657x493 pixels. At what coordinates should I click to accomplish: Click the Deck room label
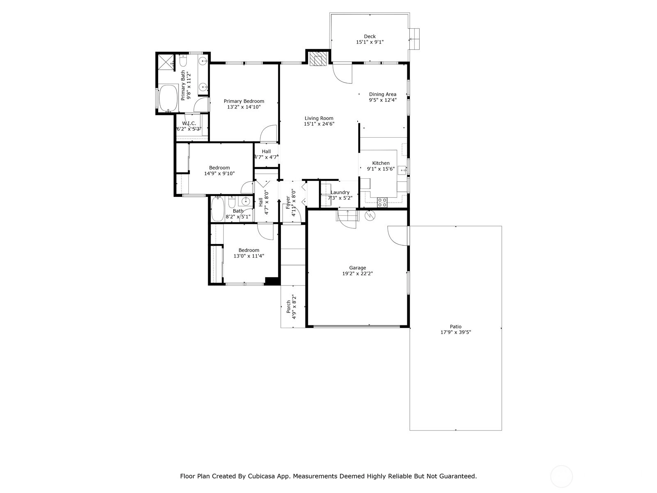click(370, 37)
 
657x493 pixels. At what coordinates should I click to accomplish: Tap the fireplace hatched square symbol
click(317, 59)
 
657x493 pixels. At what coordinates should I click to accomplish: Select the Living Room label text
click(319, 118)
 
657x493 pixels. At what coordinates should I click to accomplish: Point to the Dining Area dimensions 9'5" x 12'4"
click(383, 100)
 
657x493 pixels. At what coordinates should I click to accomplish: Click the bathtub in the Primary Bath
click(168, 98)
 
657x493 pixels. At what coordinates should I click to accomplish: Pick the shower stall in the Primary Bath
click(166, 62)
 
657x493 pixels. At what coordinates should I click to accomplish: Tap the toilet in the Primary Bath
click(183, 61)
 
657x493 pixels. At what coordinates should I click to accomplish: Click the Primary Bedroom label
click(244, 101)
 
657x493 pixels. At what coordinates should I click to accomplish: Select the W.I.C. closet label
click(189, 123)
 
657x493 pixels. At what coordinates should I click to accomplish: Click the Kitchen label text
click(381, 163)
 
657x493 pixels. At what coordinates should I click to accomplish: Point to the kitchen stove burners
click(382, 203)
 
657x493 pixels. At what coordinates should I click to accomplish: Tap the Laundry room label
click(340, 192)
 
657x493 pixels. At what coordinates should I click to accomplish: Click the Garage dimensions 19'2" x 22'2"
click(357, 273)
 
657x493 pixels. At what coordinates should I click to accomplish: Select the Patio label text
click(455, 327)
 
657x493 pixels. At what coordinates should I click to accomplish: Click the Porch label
click(289, 307)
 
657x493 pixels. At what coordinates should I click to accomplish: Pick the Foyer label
click(288, 203)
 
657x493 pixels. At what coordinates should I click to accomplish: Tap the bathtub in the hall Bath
click(218, 209)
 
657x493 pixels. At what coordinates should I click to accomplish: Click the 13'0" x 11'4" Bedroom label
click(249, 250)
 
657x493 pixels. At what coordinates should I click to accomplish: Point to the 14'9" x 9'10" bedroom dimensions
click(219, 173)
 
